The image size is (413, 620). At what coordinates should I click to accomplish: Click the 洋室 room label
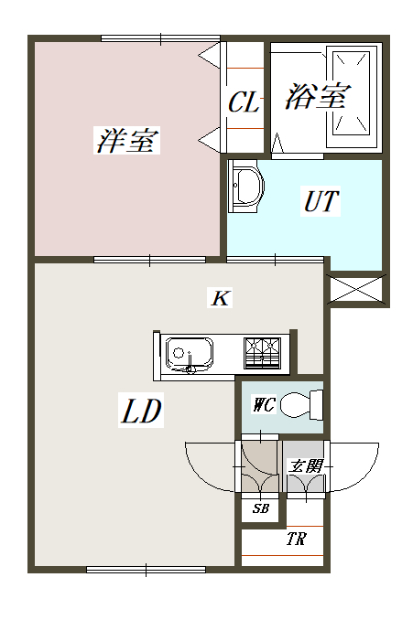coord(127,140)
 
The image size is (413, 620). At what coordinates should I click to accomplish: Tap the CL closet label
coord(244,102)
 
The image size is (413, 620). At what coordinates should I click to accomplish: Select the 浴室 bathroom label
coord(318,96)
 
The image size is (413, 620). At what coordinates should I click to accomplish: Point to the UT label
coord(321,201)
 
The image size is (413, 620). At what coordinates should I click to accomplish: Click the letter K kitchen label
coord(220,298)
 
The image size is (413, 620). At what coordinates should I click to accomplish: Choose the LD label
coord(141,411)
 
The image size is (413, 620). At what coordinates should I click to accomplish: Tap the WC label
coord(264,404)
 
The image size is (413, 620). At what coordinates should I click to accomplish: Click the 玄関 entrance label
coord(305,466)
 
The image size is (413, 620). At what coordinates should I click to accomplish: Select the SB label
coord(261,508)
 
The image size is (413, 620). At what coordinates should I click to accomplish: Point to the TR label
coord(296,539)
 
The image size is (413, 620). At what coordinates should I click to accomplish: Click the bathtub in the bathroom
coord(352,97)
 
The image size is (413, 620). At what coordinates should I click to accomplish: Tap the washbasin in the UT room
coord(246,186)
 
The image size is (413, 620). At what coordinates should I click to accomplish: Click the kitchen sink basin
coord(189,354)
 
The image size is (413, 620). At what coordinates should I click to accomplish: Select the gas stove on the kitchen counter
coord(262,353)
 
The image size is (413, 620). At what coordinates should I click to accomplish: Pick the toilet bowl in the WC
coord(301,404)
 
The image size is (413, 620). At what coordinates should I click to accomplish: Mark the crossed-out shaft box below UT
coord(356,290)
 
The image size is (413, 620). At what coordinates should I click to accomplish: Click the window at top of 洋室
coord(160,38)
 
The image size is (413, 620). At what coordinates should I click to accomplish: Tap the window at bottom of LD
coord(146,570)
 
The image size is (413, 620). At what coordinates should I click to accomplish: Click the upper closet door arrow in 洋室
coord(209,56)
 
